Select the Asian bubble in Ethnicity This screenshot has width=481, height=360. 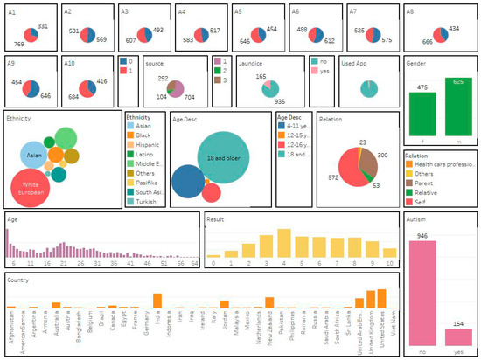tap(34, 155)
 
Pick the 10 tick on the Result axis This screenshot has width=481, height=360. tap(390, 262)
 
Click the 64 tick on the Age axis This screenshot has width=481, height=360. tap(194, 262)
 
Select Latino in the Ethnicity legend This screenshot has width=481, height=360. tap(141, 155)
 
